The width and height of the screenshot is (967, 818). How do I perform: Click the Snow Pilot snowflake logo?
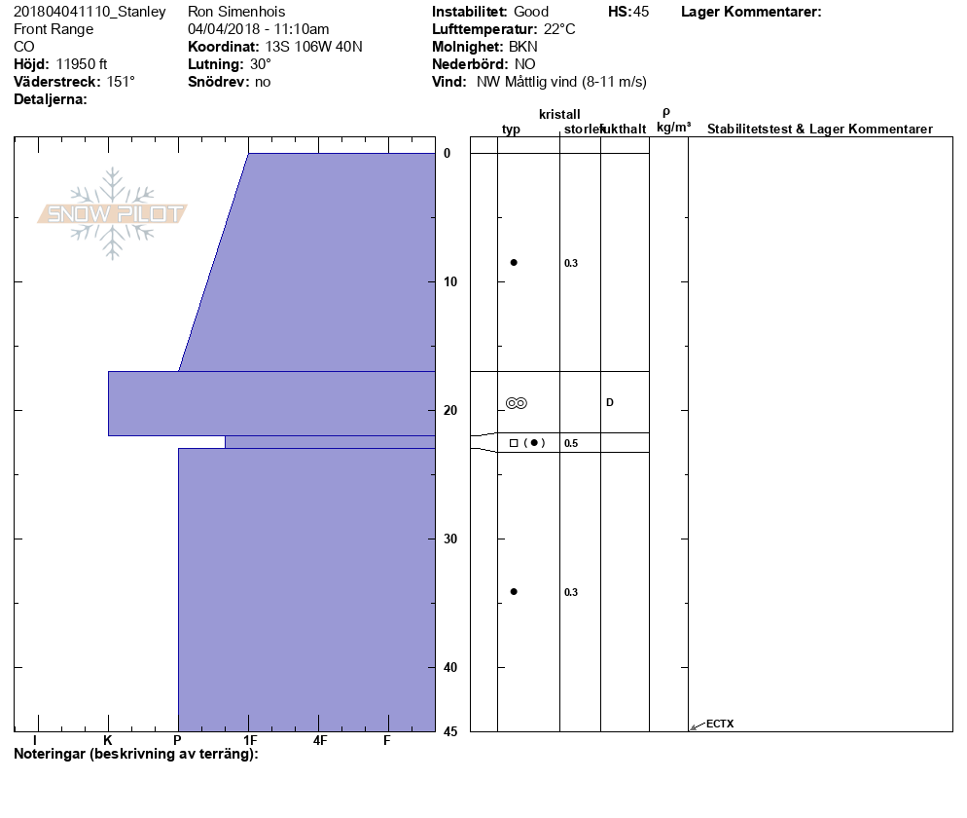[112, 213]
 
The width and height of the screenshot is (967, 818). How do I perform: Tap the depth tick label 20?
[450, 411]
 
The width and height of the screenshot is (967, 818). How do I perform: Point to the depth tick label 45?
[450, 731]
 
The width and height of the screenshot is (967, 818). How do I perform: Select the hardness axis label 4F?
[319, 740]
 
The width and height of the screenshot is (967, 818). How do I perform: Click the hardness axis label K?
[108, 740]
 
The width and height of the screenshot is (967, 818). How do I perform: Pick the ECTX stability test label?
[720, 724]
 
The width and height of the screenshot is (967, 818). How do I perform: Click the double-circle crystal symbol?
[517, 403]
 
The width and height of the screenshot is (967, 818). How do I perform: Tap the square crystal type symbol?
[514, 443]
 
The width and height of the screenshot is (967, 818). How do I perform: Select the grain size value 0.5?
[571, 443]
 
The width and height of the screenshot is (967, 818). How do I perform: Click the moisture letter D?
[610, 402]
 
